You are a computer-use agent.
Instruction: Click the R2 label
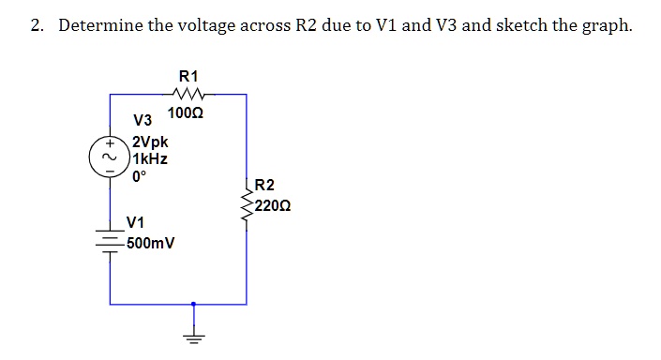coord(264,187)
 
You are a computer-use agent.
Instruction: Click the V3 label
coord(143,121)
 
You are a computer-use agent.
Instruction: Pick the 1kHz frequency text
coord(150,159)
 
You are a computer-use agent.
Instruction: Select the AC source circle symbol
coord(110,157)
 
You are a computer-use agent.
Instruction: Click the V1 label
coord(135,223)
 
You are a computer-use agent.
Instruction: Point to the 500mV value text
coord(152,243)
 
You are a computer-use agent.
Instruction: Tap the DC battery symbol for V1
coord(110,241)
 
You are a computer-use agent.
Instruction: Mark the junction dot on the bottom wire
coord(193,304)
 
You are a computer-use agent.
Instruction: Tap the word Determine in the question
coord(98,25)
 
